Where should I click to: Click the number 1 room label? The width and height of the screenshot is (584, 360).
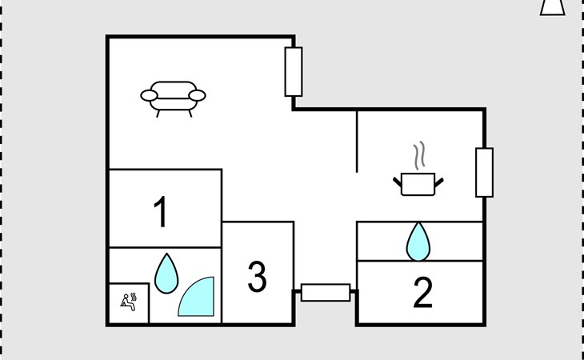pos(161,213)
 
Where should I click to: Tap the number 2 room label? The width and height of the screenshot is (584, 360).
pos(422,294)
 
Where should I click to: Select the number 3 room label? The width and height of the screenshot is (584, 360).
pos(257,277)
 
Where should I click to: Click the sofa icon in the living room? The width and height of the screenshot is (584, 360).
pos(174,96)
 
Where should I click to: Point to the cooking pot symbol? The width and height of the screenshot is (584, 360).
pos(419,184)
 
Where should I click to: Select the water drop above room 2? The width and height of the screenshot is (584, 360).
pos(418,241)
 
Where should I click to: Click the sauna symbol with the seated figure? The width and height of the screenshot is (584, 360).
pos(129,302)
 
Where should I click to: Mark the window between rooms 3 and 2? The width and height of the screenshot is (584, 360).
pos(325,293)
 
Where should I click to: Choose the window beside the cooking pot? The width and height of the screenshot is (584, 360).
pos(484,172)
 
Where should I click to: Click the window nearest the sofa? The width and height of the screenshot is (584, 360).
pos(294,72)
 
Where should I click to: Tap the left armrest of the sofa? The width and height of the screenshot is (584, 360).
pos(150,96)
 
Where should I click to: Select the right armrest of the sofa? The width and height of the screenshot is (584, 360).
pos(198,96)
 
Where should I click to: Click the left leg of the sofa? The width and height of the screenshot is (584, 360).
pos(158,113)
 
